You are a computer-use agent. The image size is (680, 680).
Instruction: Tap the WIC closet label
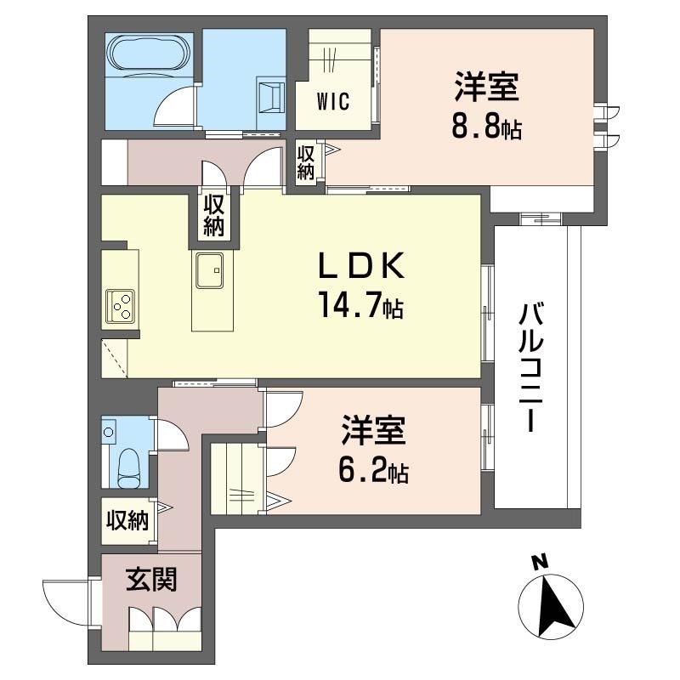[334, 99]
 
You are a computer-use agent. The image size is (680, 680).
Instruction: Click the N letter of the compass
[537, 563]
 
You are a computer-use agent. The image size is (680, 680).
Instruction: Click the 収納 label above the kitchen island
[212, 216]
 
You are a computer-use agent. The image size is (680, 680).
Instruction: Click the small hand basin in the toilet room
[109, 432]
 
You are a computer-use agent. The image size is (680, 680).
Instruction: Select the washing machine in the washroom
[271, 95]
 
